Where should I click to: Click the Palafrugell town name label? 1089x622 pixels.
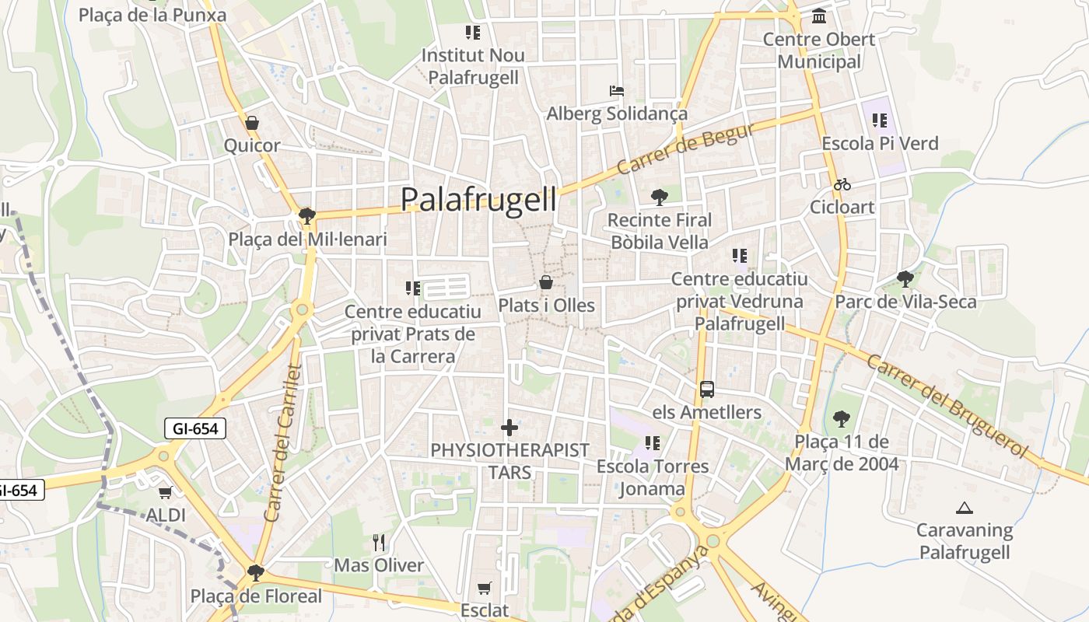click(x=478, y=200)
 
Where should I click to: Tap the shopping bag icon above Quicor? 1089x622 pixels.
click(x=251, y=123)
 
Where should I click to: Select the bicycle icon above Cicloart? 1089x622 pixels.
click(x=842, y=184)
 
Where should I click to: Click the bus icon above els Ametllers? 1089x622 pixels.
click(x=706, y=389)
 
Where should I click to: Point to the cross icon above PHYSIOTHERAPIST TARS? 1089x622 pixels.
click(x=509, y=428)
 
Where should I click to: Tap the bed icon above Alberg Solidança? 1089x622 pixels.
click(x=616, y=91)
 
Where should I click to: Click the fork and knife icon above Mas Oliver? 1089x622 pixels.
click(x=379, y=542)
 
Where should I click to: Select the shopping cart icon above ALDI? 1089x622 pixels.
click(x=165, y=492)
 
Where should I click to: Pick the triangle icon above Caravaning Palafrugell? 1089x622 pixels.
click(x=965, y=508)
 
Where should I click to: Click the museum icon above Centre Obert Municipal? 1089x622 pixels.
click(x=818, y=16)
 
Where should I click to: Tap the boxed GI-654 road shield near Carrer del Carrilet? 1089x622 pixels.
click(x=195, y=428)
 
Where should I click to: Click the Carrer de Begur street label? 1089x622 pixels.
click(x=685, y=149)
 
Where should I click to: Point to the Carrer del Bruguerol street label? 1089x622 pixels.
click(x=947, y=406)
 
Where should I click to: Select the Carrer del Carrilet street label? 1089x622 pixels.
click(x=282, y=442)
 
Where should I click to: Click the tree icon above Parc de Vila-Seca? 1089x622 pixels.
click(x=905, y=278)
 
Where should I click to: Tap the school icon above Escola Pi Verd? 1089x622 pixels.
click(x=880, y=121)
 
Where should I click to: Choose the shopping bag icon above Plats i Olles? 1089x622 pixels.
click(x=546, y=282)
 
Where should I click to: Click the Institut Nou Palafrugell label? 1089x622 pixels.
click(x=473, y=66)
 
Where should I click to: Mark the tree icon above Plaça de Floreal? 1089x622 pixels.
click(x=255, y=573)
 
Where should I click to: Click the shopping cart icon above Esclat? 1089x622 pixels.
click(x=484, y=588)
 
